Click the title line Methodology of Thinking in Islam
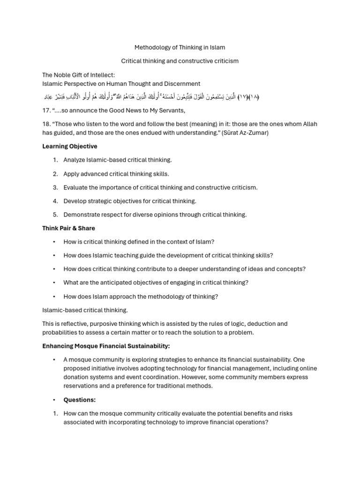click(180, 47)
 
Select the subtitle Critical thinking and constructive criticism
click(180, 61)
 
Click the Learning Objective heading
click(70, 146)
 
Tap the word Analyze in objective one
click(75, 160)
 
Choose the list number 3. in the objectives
click(55, 187)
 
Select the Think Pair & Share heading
click(68, 228)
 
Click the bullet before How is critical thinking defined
click(54, 242)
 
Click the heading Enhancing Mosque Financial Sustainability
click(106, 346)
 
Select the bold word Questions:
click(80, 400)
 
